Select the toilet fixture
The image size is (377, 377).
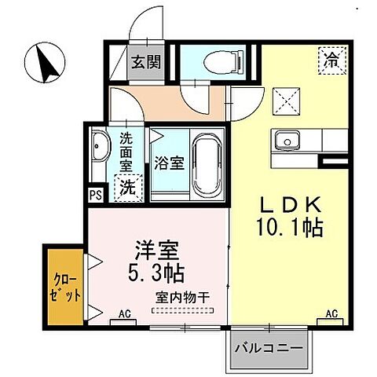[x=214, y=62]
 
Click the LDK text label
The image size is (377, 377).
[x=290, y=205]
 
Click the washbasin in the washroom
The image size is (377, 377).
[x=100, y=148]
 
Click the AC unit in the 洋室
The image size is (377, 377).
[x=123, y=315]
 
